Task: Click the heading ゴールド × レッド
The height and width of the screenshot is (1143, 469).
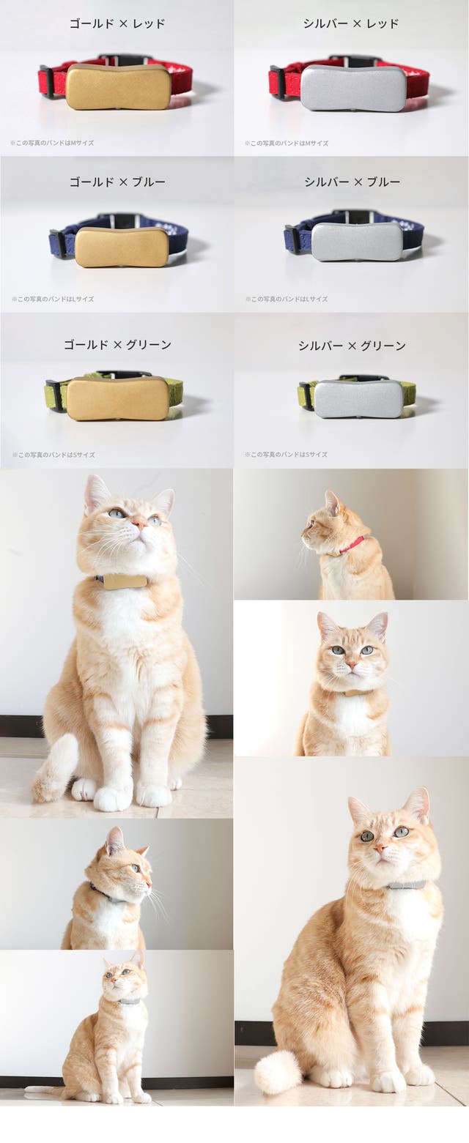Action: (117, 23)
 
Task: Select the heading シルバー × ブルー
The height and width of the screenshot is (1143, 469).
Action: (352, 182)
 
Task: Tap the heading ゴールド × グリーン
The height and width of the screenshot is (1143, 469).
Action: (117, 344)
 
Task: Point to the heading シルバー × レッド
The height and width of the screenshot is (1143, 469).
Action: (351, 23)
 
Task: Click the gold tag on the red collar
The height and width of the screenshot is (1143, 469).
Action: (118, 86)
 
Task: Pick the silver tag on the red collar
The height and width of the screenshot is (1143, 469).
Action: (353, 88)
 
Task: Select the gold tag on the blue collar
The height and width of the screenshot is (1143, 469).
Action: (122, 247)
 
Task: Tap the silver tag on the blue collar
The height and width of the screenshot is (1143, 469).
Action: (357, 242)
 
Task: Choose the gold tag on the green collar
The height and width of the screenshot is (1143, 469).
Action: (119, 399)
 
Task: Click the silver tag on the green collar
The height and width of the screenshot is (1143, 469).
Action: (359, 399)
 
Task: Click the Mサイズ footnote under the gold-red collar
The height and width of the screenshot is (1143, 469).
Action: (52, 143)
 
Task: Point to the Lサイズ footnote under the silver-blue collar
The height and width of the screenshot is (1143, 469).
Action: (287, 299)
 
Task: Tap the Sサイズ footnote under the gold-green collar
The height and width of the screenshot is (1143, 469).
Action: (53, 455)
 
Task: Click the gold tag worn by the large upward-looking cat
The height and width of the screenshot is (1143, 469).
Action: (125, 582)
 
